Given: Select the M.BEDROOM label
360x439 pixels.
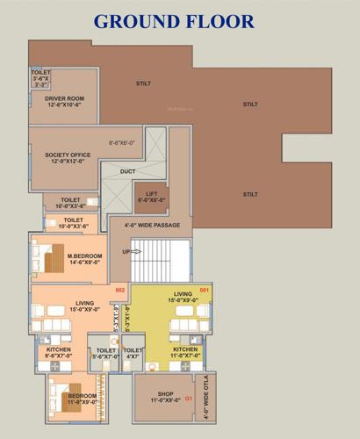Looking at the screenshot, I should tap(85, 258).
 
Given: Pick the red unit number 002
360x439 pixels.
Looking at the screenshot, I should tap(121, 290).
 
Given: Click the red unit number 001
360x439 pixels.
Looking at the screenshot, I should tap(205, 290).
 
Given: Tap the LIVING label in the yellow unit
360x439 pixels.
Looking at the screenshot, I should tap(183, 297).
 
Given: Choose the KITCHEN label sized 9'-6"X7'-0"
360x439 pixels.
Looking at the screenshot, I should tap(54, 352).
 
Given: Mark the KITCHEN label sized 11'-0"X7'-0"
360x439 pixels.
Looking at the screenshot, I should tap(184, 352).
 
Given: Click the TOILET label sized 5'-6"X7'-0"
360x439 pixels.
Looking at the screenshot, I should tap(106, 353).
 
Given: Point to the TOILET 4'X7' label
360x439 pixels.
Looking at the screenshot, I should tap(133, 353).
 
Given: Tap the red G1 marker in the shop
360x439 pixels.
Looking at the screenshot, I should tap(188, 400).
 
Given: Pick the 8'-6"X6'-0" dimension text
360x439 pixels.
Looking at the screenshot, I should tap(121, 141).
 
